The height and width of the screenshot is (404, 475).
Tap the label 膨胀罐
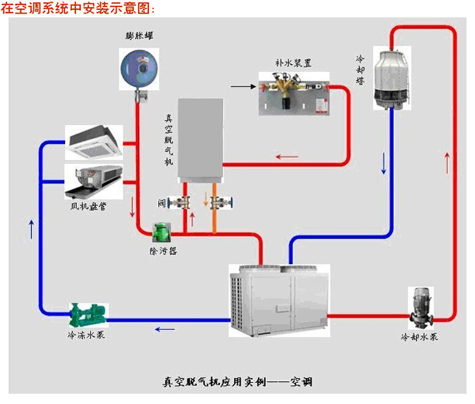pyautogui.click(x=138, y=36)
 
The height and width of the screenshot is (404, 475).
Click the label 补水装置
pyautogui.click(x=293, y=62)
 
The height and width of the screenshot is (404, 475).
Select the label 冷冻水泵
pyautogui.click(x=86, y=336)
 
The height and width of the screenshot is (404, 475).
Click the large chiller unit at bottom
pyautogui.click(x=279, y=300)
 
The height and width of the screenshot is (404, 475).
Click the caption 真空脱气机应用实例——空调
pyautogui.click(x=238, y=381)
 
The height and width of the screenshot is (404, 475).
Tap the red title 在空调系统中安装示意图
pyautogui.click(x=74, y=8)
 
